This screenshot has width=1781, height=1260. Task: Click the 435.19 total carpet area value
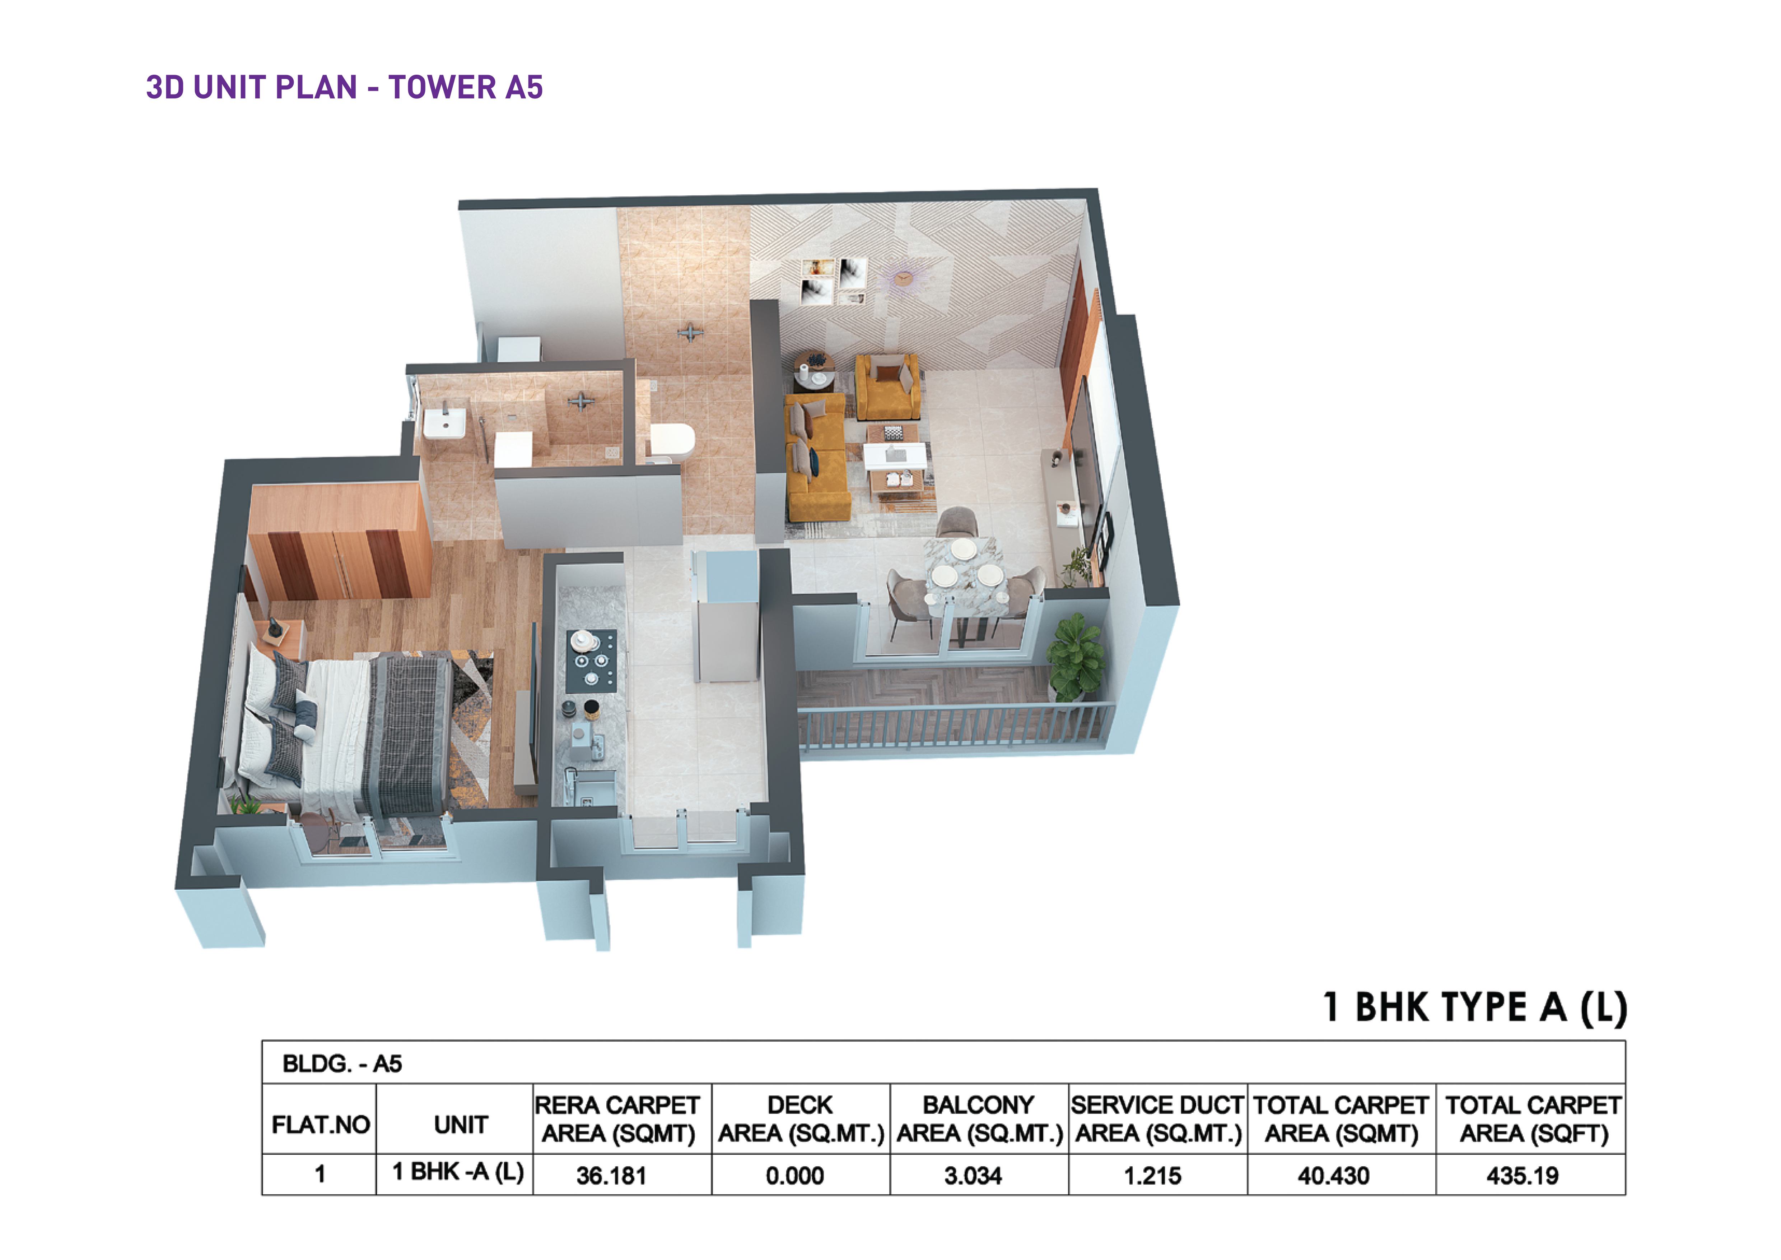click(1522, 1176)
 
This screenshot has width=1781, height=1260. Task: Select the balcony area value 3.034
click(973, 1176)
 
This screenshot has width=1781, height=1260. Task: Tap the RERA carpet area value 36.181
click(611, 1176)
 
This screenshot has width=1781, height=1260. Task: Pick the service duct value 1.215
click(1153, 1176)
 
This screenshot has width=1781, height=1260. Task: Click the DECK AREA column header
click(801, 1119)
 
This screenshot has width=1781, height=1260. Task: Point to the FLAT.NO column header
click(320, 1124)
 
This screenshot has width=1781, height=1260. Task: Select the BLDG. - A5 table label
click(342, 1064)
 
